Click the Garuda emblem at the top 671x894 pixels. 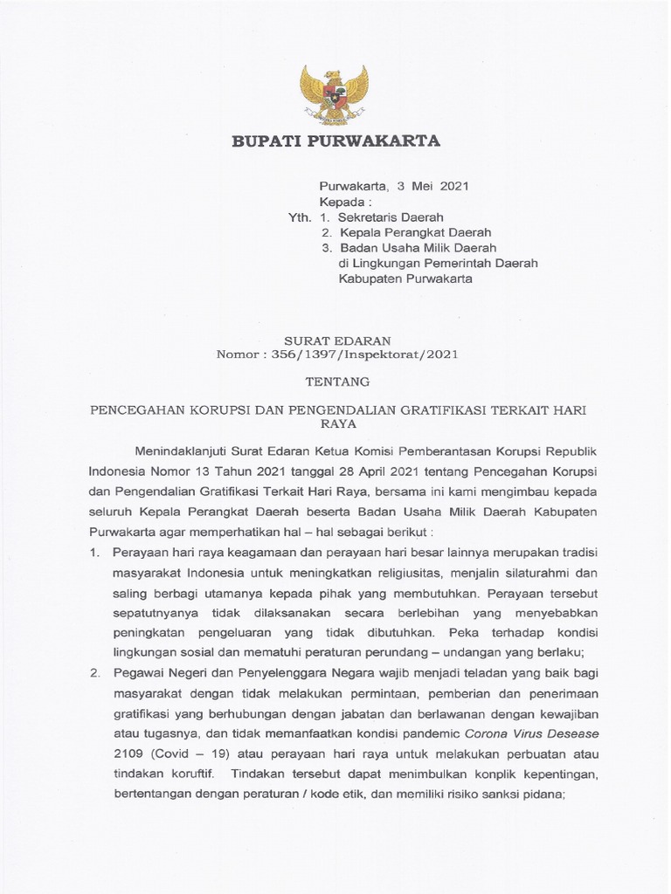click(335, 94)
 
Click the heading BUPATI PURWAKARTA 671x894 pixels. click(335, 141)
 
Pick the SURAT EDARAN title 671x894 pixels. click(335, 340)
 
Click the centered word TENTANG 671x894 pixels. click(335, 382)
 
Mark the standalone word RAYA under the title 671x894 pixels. click(335, 423)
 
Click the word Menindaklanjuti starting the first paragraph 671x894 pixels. click(181, 451)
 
